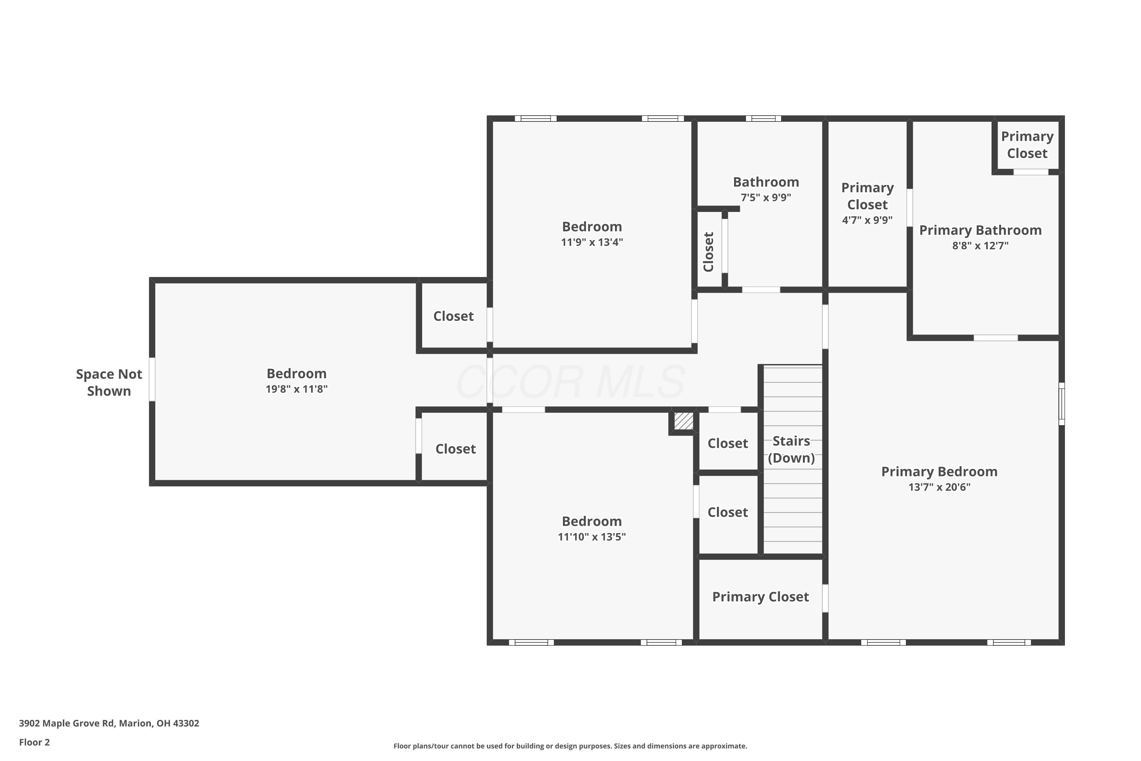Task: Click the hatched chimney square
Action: pyautogui.click(x=683, y=421)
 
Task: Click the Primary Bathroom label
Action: pyautogui.click(x=980, y=230)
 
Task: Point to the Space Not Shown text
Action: pyautogui.click(x=109, y=382)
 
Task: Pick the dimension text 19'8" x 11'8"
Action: pyautogui.click(x=296, y=389)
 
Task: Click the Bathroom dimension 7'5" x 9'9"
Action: pyautogui.click(x=766, y=197)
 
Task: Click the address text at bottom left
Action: pyautogui.click(x=109, y=723)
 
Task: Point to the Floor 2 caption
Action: pyautogui.click(x=35, y=742)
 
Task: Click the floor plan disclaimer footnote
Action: pyautogui.click(x=570, y=746)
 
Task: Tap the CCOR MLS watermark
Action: pyautogui.click(x=570, y=382)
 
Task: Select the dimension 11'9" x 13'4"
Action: pyautogui.click(x=592, y=242)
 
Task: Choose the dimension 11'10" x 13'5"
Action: pyautogui.click(x=592, y=537)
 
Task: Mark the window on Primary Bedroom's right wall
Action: pyautogui.click(x=1062, y=404)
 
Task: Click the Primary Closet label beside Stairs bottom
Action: pyautogui.click(x=760, y=597)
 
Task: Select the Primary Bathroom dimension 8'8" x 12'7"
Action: pyautogui.click(x=980, y=245)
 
